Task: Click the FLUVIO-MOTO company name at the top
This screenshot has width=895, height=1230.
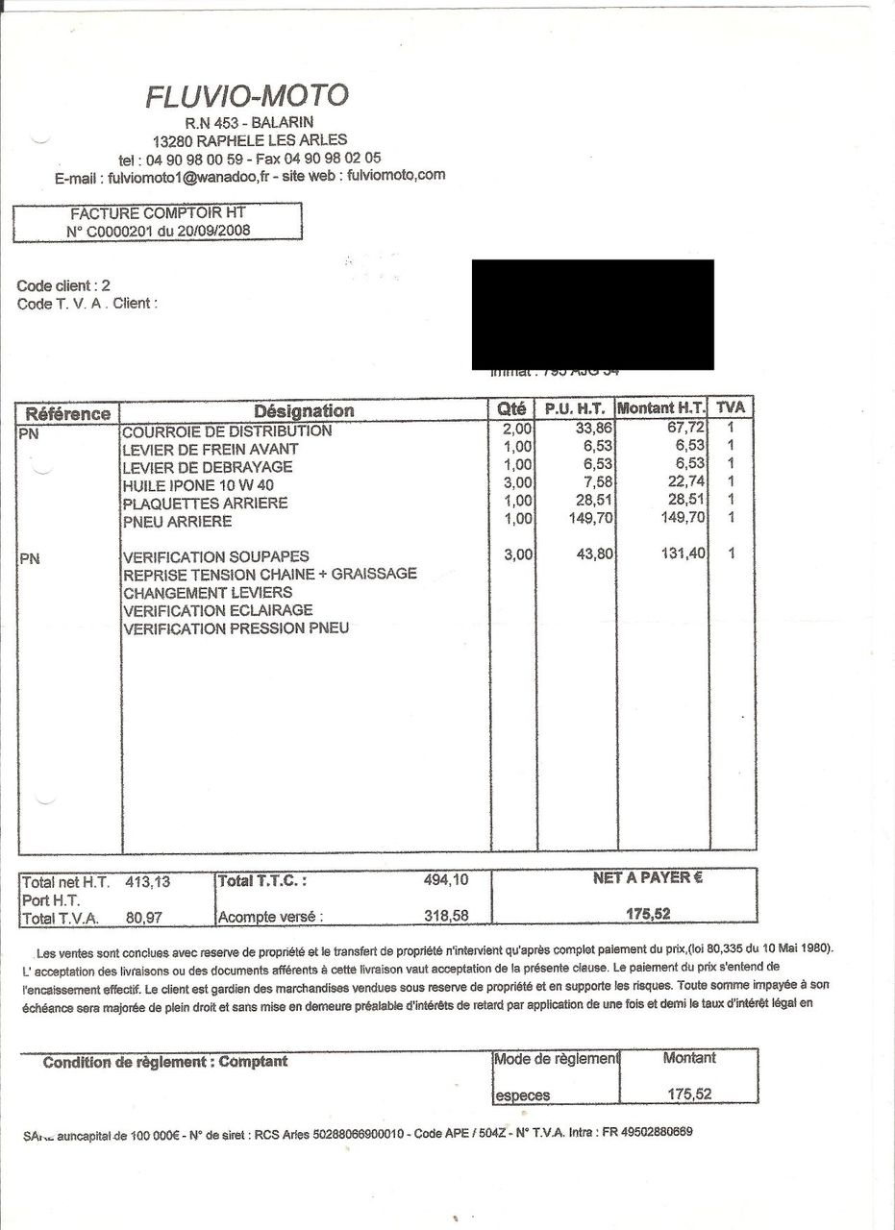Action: [247, 96]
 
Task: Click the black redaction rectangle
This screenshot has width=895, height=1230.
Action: [592, 314]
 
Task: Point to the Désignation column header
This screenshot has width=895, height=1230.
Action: [304, 411]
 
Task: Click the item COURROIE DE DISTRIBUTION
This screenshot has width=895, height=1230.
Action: [228, 430]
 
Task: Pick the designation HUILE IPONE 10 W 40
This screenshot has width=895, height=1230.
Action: [199, 485]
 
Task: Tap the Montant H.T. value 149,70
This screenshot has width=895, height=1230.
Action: [684, 518]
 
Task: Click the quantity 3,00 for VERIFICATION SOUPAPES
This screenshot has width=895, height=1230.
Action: [517, 555]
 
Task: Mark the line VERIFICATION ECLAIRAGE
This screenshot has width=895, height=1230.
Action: [218, 610]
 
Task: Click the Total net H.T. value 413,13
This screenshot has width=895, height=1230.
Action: [148, 881]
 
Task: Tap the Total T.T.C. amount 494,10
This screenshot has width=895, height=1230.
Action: [446, 879]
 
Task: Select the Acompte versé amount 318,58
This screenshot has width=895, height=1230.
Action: [446, 916]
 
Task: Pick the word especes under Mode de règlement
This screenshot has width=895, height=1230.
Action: [523, 1095]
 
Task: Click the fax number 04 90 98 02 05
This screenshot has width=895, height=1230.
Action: [333, 158]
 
